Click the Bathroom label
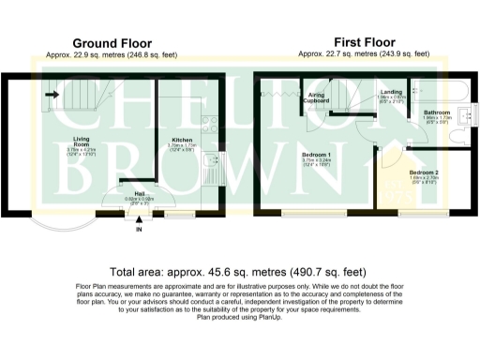[436, 112]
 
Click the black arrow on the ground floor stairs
[53, 94]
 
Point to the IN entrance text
[140, 229]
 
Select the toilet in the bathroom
[458, 137]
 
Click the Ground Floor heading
[112, 43]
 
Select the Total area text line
[239, 268]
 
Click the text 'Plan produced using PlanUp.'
[239, 318]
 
